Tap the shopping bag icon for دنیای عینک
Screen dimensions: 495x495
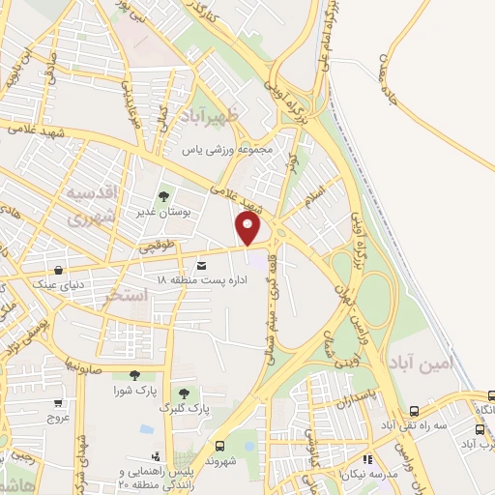click(60, 271)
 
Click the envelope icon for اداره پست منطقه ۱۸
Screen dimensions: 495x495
click(201, 265)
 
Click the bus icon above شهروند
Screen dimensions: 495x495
click(221, 446)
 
